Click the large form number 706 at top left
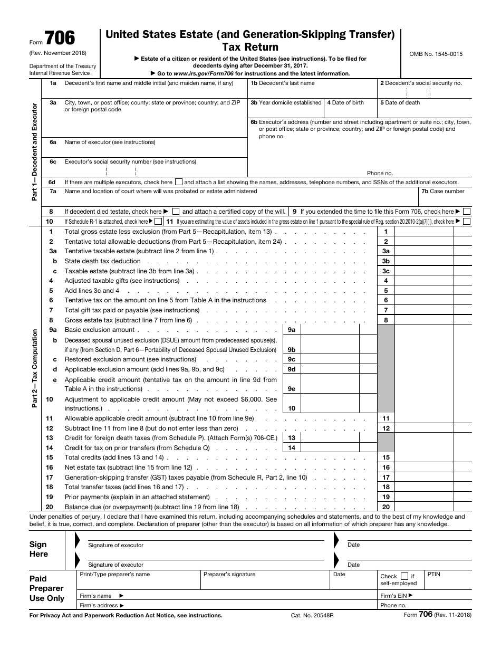[x=60, y=39]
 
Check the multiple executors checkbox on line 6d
[x=179, y=182]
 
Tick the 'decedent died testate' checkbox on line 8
[x=176, y=212]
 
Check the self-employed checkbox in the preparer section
[x=404, y=576]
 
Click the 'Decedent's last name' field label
[x=283, y=83]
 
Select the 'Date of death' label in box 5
[x=400, y=103]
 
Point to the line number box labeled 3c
[x=386, y=271]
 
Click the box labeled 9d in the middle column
[x=292, y=369]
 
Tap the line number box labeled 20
[x=386, y=507]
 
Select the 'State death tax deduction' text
[x=102, y=261]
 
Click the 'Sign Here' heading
[x=38, y=549]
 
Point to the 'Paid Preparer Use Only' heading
[x=46, y=588]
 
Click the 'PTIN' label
[x=433, y=574]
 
